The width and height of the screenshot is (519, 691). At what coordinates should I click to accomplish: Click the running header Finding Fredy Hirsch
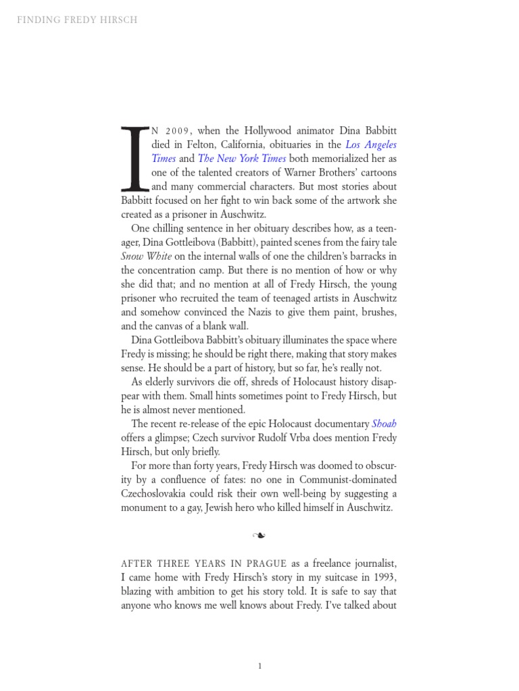pos(77,20)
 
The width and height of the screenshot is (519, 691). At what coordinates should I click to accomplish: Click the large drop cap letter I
pos(134,157)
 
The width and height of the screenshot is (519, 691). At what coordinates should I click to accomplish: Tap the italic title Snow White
pos(147,256)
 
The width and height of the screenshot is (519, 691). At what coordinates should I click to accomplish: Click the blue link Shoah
pos(384,424)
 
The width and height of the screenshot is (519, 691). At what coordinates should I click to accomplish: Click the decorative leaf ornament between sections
pos(259,536)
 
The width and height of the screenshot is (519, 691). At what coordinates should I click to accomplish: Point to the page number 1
pos(259,667)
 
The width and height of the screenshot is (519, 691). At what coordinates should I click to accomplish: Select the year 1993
pos(382,578)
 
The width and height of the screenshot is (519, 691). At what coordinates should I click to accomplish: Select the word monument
pos(145,507)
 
